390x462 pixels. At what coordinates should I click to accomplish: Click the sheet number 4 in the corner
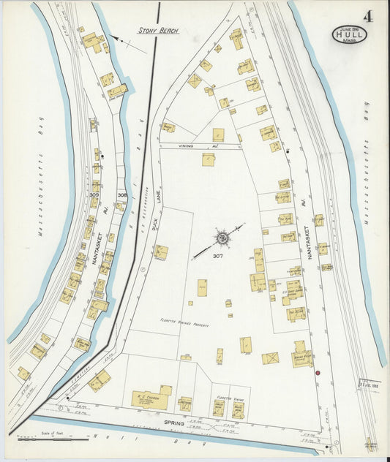point(367,16)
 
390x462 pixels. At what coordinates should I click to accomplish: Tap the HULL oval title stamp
point(350,34)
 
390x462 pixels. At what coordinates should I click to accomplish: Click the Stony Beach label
point(159,31)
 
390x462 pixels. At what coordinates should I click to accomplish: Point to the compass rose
point(222,238)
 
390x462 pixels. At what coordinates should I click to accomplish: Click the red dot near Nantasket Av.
point(318,373)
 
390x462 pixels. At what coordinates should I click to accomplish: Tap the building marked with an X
point(270,358)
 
